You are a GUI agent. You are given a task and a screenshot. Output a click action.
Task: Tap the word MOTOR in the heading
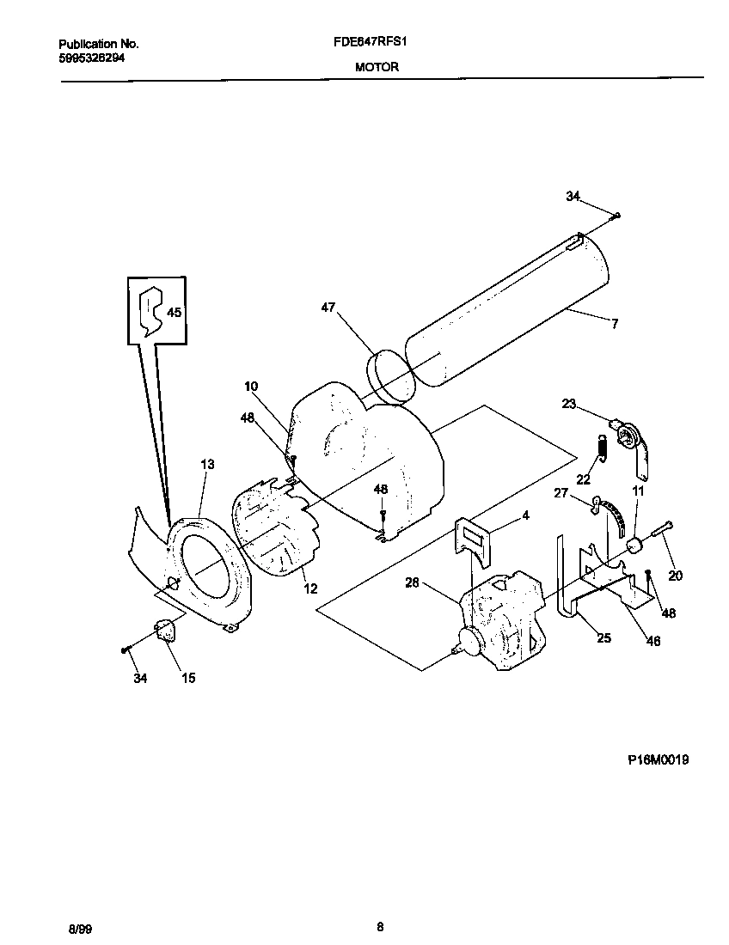point(377,67)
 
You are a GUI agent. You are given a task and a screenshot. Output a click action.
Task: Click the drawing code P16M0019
point(658,759)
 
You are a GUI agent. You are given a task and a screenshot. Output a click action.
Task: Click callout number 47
point(329,307)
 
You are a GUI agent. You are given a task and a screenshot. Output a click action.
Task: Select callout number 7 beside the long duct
point(615,324)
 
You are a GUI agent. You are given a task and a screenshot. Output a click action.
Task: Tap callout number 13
point(207,464)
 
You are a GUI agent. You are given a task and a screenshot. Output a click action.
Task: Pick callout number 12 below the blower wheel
point(310,588)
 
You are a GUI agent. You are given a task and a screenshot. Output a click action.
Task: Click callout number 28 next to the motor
point(412,583)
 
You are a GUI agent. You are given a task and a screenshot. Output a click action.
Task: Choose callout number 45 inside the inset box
point(174,313)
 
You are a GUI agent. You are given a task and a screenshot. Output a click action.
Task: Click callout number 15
point(188,678)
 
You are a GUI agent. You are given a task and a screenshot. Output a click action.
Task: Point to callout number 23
point(568,404)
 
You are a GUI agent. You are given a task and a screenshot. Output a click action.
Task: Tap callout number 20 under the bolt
point(675,576)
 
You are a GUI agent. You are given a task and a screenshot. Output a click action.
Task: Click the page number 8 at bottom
point(379,926)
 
